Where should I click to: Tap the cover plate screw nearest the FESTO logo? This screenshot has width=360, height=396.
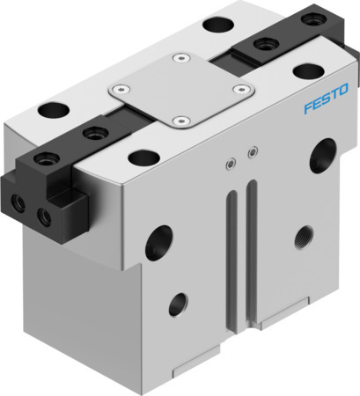pyautogui.click(x=238, y=88)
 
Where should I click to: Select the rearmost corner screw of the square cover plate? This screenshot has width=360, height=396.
pyautogui.click(x=180, y=58)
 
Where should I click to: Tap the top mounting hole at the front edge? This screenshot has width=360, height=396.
pyautogui.click(x=139, y=158)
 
